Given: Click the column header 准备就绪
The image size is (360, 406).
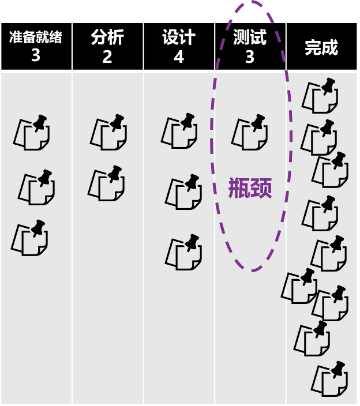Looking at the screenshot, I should [x=36, y=38].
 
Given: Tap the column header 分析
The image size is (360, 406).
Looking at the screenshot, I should [x=107, y=37].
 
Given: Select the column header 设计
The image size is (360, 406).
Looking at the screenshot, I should [x=179, y=37].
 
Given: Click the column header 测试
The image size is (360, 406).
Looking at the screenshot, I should [x=250, y=37].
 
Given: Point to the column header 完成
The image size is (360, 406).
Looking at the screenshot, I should [x=321, y=47].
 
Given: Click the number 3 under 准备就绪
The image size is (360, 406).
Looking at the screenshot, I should [x=36, y=57].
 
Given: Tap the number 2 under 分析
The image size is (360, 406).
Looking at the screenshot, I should [x=107, y=57].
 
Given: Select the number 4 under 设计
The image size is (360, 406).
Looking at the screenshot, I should [x=179, y=57].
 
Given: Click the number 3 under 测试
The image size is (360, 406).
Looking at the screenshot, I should [x=250, y=57].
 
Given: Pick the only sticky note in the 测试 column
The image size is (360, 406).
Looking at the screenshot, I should [x=250, y=132].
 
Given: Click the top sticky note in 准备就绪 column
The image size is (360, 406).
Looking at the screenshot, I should [x=32, y=133].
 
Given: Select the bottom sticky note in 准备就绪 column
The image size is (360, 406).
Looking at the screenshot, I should [x=29, y=238].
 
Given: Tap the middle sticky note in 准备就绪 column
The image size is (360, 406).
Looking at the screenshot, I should [x=36, y=187].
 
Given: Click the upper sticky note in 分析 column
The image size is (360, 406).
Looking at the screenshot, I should [x=108, y=132].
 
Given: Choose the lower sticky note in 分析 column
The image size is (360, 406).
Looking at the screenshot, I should [x=107, y=183].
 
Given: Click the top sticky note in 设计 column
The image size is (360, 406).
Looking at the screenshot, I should [x=179, y=131].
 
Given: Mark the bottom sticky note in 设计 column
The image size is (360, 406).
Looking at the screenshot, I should [x=183, y=252].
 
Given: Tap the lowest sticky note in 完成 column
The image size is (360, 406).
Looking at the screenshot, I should [x=329, y=379].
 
